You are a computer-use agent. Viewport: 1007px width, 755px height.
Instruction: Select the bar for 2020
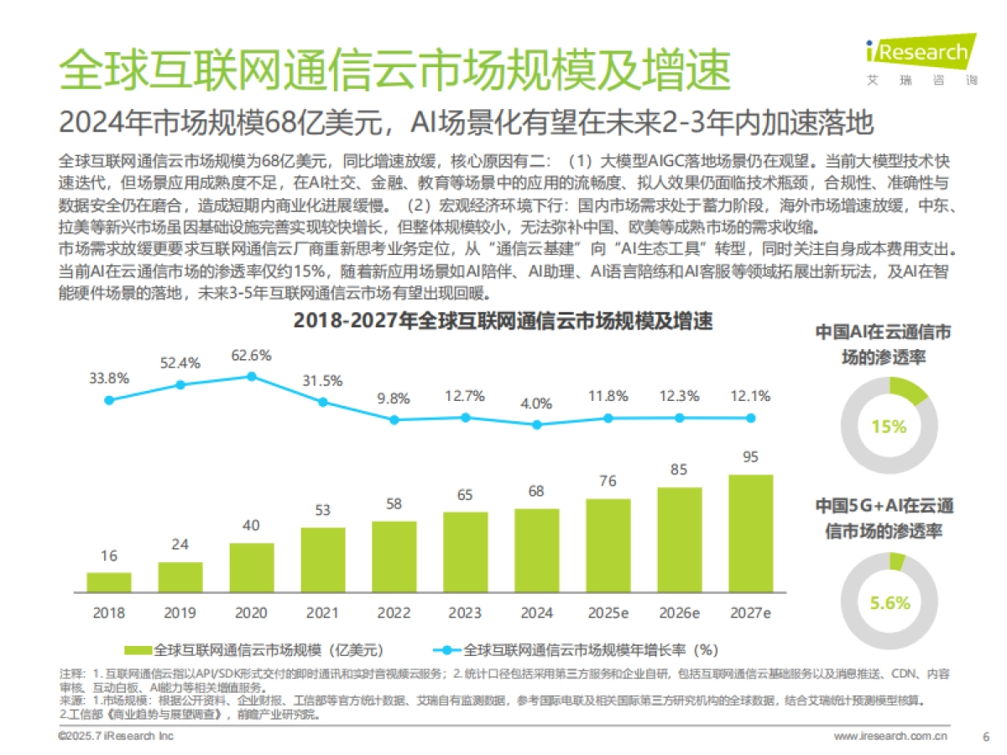252,568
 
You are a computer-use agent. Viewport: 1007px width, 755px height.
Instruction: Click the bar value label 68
537,490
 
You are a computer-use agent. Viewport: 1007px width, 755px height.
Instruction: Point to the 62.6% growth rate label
251,355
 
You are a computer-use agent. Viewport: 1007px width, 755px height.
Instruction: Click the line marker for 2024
537,424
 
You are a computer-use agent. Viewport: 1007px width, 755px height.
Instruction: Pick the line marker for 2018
109,400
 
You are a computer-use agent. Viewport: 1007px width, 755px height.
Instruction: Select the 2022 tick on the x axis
394,612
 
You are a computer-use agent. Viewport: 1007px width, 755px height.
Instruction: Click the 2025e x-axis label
608,612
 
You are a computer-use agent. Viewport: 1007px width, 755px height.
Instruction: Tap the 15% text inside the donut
889,426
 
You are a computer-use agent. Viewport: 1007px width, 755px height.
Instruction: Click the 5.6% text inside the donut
890,602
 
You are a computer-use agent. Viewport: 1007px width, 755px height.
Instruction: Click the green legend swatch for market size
138,650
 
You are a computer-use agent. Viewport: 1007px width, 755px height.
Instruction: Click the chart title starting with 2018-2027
503,321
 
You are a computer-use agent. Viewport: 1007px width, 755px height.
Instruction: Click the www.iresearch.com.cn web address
890,737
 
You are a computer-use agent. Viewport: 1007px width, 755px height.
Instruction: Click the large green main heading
394,69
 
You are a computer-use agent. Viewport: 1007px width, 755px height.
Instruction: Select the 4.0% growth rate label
537,404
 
